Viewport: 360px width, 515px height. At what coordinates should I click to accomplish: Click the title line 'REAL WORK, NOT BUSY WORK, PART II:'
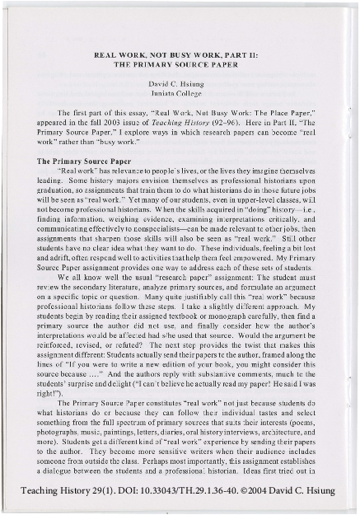click(180, 52)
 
